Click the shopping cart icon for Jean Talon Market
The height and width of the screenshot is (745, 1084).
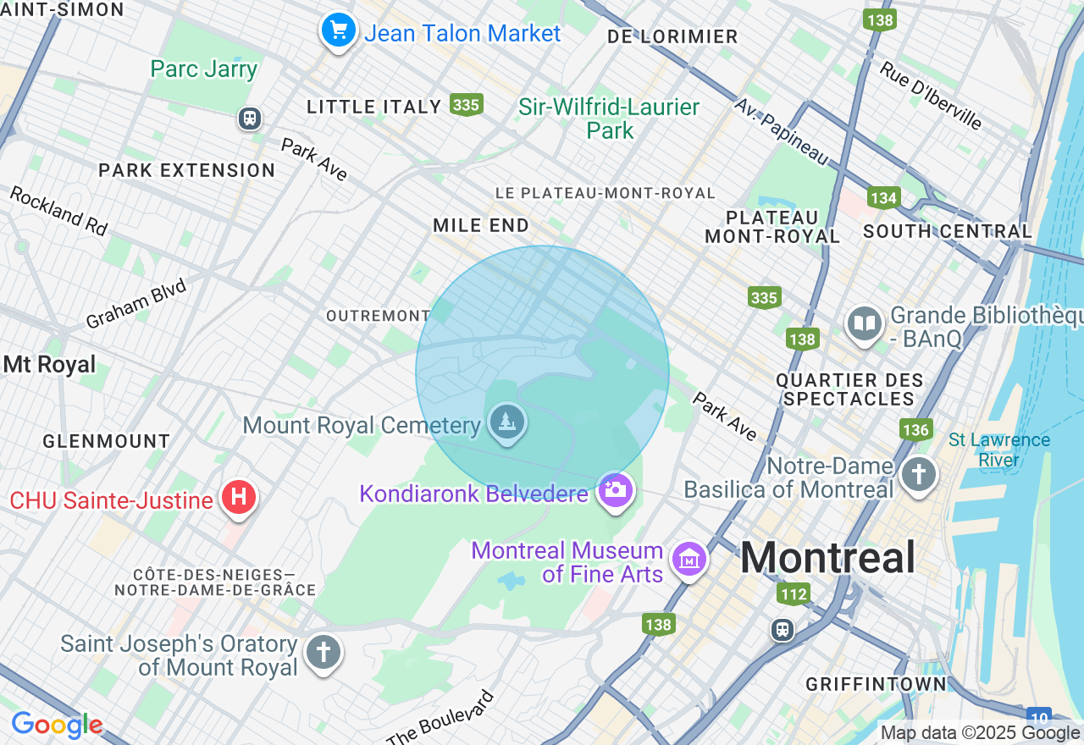(339, 31)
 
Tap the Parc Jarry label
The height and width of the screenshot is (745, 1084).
(203, 69)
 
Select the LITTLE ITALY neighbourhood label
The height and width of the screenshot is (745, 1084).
(374, 107)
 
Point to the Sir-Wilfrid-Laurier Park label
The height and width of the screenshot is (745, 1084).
(609, 119)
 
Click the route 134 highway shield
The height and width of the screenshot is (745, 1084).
(883, 198)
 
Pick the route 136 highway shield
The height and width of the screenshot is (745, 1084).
(915, 429)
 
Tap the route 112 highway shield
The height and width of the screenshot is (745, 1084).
(794, 594)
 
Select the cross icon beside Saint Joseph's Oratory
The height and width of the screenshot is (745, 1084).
(323, 653)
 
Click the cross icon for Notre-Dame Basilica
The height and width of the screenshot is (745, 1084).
(919, 473)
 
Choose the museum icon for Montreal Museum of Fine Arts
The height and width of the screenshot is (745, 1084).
(689, 559)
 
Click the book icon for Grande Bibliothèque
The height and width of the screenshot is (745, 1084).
(865, 324)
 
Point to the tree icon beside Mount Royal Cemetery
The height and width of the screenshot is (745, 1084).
(507, 421)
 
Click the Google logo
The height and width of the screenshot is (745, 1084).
(57, 725)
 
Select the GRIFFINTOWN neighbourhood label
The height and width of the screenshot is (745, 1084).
(876, 683)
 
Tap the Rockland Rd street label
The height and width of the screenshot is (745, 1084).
(59, 211)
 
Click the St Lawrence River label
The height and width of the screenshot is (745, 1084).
(999, 450)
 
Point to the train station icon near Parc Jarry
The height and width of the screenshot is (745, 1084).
(249, 118)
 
